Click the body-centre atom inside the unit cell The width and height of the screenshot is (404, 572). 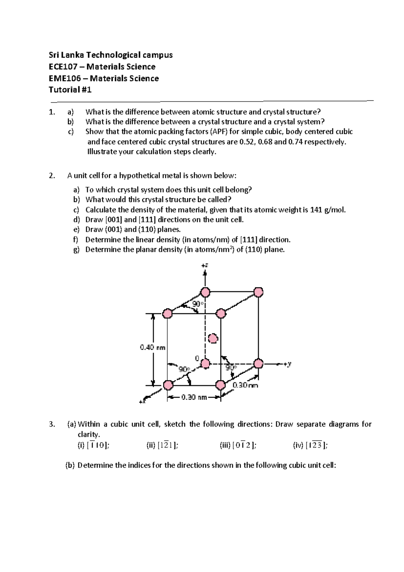tap(213, 338)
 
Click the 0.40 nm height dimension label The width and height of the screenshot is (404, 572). tap(152, 347)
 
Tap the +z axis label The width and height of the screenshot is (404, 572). tap(205, 265)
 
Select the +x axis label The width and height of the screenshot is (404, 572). tap(142, 401)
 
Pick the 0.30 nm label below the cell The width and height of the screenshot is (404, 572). tap(194, 397)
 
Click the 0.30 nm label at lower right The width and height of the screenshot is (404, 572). tap(245, 385)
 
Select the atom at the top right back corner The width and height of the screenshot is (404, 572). tap(258, 292)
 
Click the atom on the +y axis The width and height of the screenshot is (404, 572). tap(258, 364)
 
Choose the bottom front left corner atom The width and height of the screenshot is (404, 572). tap(168, 385)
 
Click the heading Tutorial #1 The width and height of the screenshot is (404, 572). tap(70, 90)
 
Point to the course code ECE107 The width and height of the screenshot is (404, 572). tap(63, 67)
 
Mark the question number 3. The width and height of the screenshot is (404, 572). tap(52, 424)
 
